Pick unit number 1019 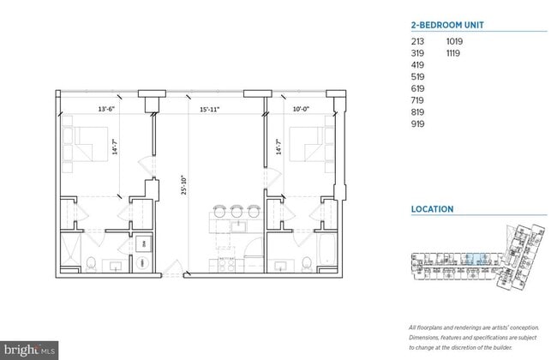point(455,40)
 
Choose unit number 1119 point(455,52)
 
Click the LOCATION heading point(432,209)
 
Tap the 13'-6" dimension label point(107,109)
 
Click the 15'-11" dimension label point(211,109)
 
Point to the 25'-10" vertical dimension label point(183,187)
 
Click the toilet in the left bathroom point(91,263)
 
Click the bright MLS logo point(30,350)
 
